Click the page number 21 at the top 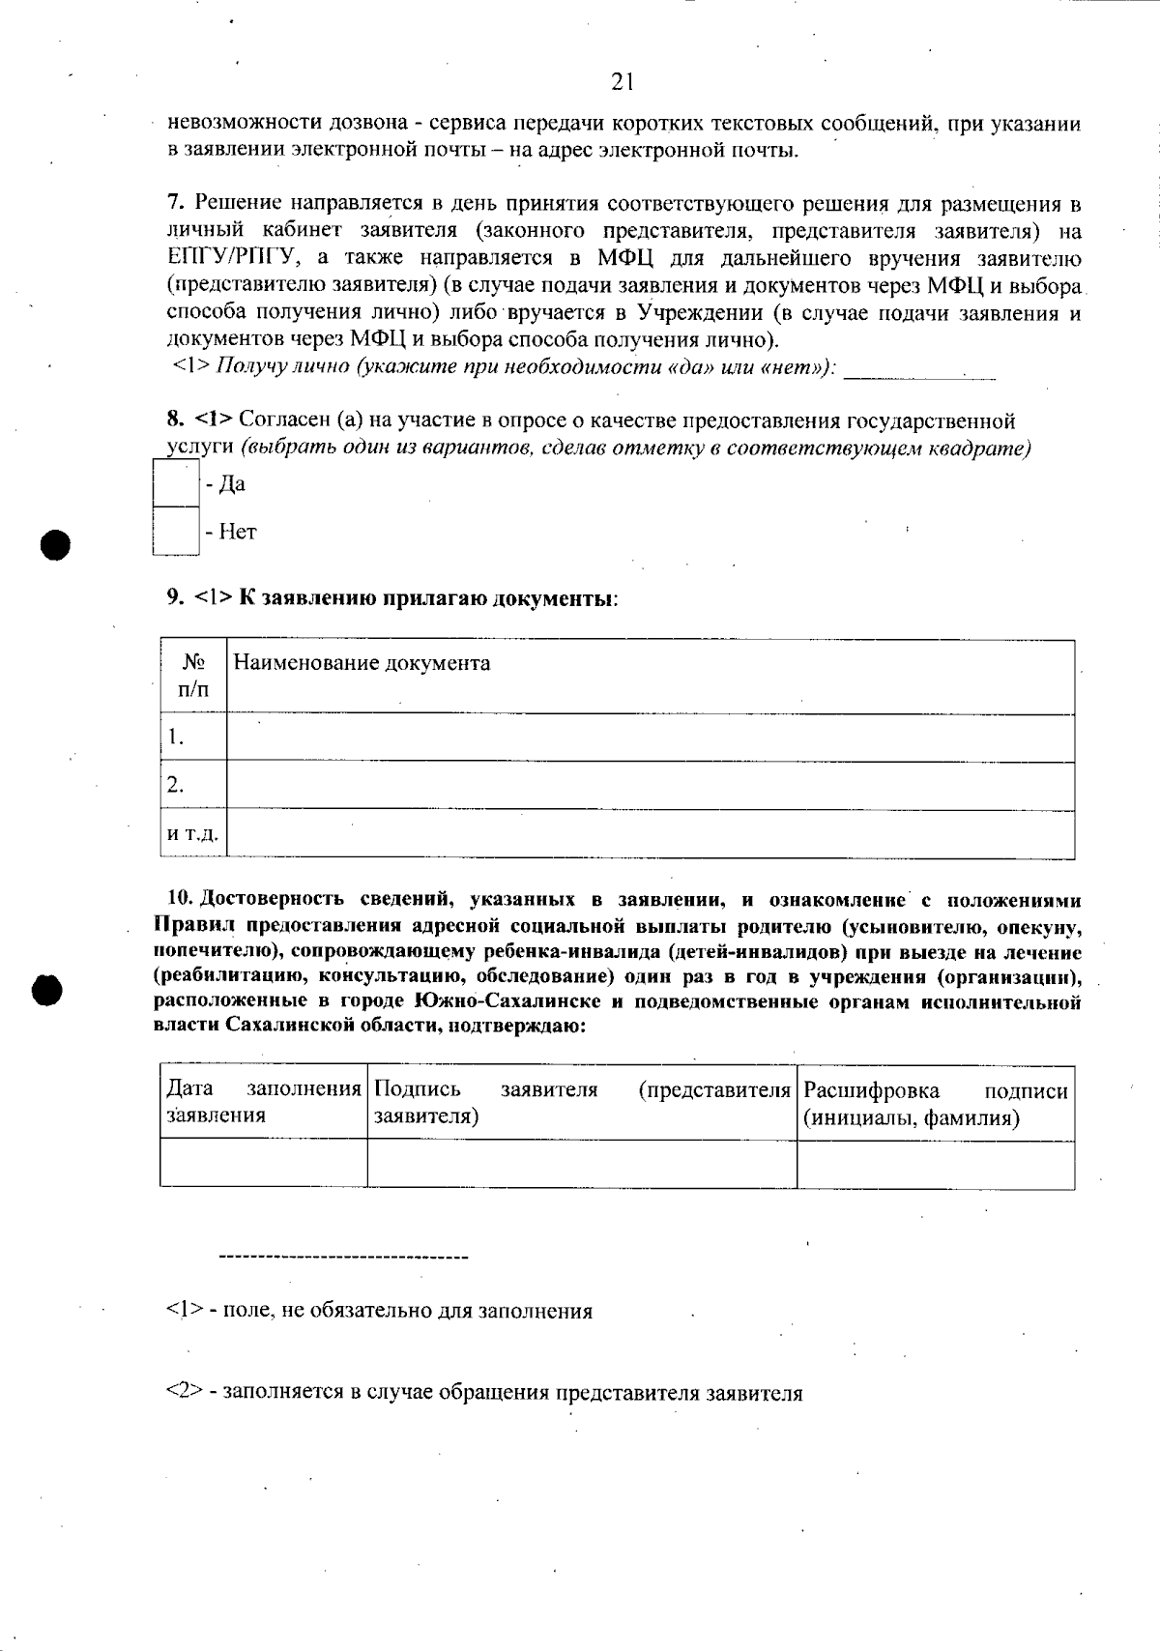pyautogui.click(x=622, y=82)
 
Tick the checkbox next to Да pyautogui.click(x=176, y=483)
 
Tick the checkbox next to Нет pyautogui.click(x=176, y=531)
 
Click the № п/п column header pyautogui.click(x=193, y=676)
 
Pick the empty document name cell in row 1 pyautogui.click(x=650, y=738)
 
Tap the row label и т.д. pyautogui.click(x=192, y=834)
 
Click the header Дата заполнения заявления pyautogui.click(x=263, y=1102)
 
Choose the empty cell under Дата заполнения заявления pyautogui.click(x=263, y=1164)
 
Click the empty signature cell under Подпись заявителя pyautogui.click(x=581, y=1164)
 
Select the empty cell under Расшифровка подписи pyautogui.click(x=935, y=1164)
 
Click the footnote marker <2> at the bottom pyautogui.click(x=183, y=1393)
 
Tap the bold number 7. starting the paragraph pyautogui.click(x=175, y=203)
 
